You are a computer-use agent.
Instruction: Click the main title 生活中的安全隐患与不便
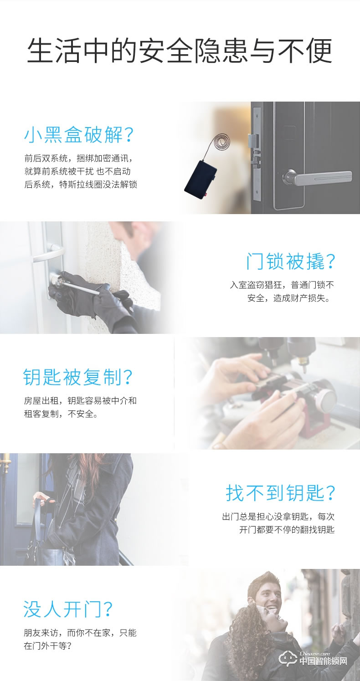point(180,51)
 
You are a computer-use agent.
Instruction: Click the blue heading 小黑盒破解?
point(80,135)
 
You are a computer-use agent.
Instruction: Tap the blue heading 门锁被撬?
point(290,261)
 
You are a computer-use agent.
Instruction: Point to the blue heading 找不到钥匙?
point(281,493)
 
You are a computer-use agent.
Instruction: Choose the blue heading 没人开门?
point(69,609)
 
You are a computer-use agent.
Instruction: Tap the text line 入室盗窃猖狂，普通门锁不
point(282,285)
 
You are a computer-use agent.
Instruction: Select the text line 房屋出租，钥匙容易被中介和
point(80,401)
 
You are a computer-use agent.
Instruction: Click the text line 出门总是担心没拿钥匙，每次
point(278,517)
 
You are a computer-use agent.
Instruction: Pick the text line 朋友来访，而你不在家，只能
point(80,633)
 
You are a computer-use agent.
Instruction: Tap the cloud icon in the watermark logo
point(288,659)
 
